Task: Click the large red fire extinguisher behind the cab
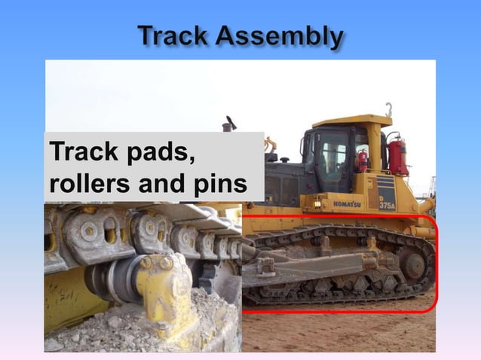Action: point(396,155)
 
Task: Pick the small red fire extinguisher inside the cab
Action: point(363,160)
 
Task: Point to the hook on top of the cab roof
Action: point(388,109)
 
